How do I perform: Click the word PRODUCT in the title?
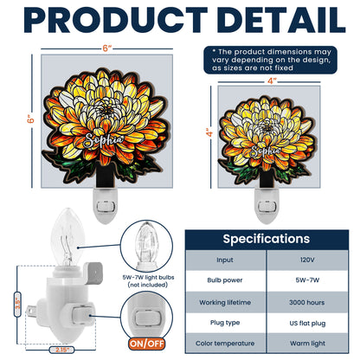pos(116,20)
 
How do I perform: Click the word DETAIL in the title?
pos(281,20)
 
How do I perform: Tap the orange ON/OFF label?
pos(146,344)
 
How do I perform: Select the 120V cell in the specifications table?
pos(307,260)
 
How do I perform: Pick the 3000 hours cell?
pos(307,302)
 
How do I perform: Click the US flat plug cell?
pos(307,323)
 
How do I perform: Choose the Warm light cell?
pos(307,344)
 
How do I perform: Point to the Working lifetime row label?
pos(225,302)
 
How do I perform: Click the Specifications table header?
pos(267,239)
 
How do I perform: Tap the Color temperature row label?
pos(225,344)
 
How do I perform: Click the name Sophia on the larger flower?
pos(104,140)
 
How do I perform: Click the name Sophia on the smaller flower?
pos(266,151)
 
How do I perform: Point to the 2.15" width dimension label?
pos(61,350)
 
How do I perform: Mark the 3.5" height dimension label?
pos(18,305)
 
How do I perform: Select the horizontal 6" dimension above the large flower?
pos(107,48)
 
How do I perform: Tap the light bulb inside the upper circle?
pos(147,244)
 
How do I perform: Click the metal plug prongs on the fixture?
pos(31,310)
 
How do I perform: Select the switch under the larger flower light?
pos(106,207)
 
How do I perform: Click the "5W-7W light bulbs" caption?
pos(148,277)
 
